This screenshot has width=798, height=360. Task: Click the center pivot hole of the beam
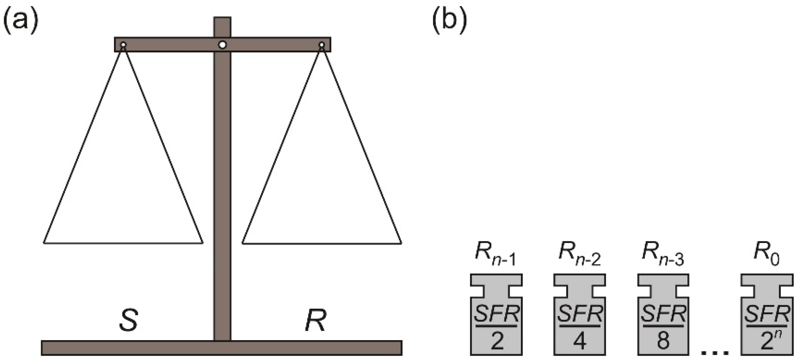(x=223, y=45)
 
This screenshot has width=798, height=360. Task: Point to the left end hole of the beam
(x=123, y=45)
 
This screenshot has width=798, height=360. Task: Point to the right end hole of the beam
(x=322, y=45)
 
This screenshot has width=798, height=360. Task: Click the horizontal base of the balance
(x=221, y=348)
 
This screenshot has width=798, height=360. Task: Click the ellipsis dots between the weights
(x=714, y=352)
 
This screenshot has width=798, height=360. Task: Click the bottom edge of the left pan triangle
(x=123, y=243)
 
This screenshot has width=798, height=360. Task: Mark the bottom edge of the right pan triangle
(x=322, y=243)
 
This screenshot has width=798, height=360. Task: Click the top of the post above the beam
(x=222, y=21)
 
